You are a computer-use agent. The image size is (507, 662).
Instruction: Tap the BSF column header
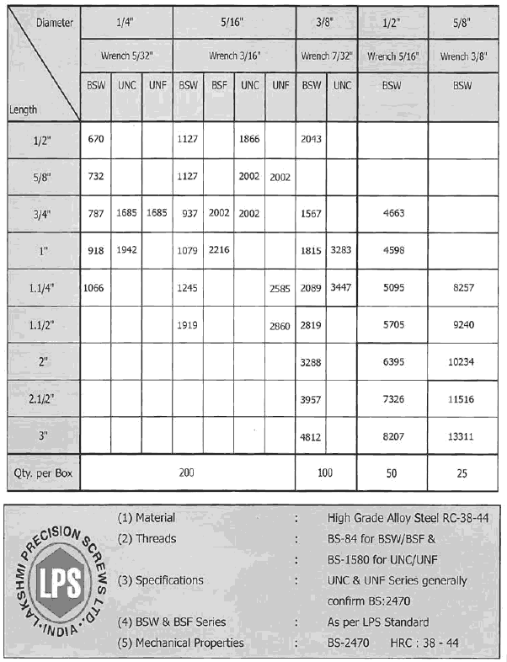218,85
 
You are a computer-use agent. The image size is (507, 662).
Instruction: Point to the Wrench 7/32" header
326,56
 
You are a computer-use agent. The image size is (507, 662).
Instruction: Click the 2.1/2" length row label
42,400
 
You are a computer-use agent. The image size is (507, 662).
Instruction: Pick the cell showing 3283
341,250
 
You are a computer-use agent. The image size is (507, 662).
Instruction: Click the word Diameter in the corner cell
55,22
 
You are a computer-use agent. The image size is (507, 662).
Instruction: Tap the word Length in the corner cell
24,109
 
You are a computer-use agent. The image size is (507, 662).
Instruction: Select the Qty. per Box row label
40,473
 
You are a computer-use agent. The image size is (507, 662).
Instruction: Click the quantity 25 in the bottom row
462,473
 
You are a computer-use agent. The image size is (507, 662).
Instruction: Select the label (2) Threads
147,539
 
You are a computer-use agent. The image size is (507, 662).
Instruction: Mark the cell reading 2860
280,326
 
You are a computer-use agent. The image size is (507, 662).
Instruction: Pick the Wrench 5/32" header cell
126,56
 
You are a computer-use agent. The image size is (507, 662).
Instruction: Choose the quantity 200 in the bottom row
187,473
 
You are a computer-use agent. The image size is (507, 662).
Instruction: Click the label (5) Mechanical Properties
180,643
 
